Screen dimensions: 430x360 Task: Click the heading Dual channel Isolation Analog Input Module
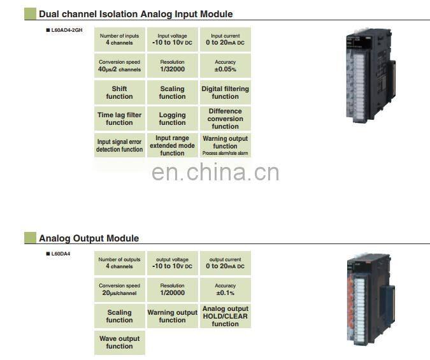136,13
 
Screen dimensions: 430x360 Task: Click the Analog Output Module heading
89,238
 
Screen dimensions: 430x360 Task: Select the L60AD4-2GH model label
64,30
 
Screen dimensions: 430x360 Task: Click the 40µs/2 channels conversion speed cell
119,66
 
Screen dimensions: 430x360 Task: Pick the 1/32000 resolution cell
172,66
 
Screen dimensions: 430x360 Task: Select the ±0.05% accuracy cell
225,66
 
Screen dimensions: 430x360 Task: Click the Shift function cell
119,92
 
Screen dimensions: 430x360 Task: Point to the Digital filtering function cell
225,92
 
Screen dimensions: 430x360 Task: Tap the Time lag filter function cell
119,119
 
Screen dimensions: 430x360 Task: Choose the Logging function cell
172,119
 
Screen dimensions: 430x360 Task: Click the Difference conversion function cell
225,119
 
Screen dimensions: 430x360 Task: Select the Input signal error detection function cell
119,145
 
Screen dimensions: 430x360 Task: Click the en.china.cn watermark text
215,173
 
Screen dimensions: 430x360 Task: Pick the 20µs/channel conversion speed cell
119,289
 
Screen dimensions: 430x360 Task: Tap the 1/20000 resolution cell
172,289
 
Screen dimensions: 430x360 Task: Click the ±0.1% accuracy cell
225,289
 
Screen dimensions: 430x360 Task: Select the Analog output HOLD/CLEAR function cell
225,316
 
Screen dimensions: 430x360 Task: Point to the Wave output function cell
119,342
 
